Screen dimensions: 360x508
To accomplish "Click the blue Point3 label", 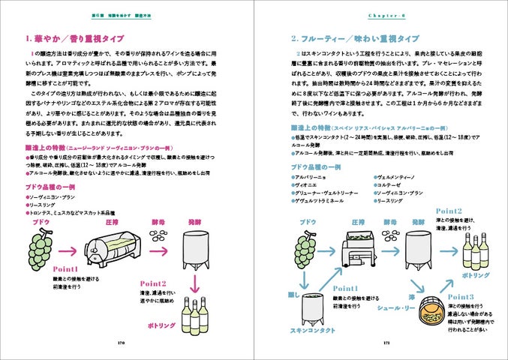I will tap(461, 297).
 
